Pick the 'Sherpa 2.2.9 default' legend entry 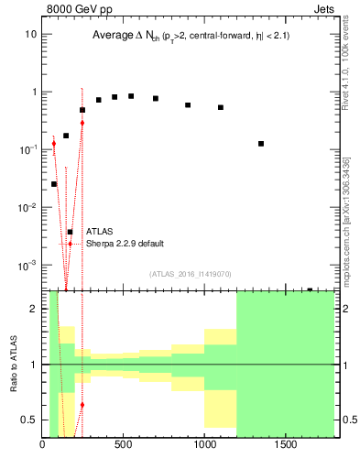tap(125, 244)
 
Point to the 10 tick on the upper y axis tap(31, 34)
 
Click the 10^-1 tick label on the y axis tap(27, 149)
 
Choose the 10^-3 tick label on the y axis tap(27, 265)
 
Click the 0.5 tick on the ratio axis tap(29, 420)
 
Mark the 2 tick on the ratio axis tap(33, 309)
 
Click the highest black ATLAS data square tap(131, 96)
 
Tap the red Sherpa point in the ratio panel tap(82, 404)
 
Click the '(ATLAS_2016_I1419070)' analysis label tap(190, 274)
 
